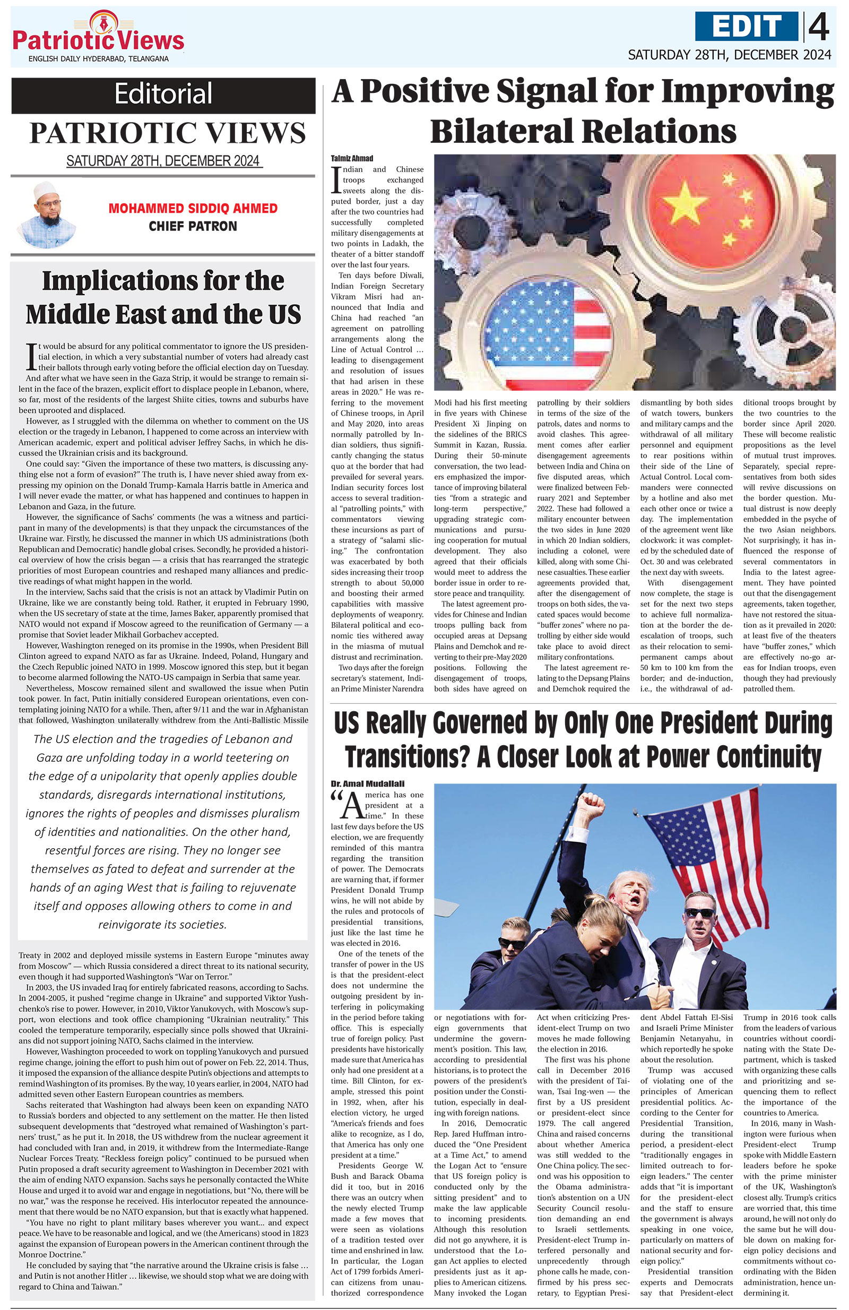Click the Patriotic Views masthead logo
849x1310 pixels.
click(x=98, y=38)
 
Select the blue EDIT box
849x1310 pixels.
click(x=746, y=27)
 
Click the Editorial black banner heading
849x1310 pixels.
click(x=163, y=94)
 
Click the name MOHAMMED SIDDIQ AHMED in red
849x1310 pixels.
click(x=193, y=209)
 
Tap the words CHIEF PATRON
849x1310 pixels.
click(x=193, y=226)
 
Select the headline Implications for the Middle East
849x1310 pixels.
click(x=163, y=297)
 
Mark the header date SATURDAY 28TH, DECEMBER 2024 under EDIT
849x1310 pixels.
click(x=729, y=55)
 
